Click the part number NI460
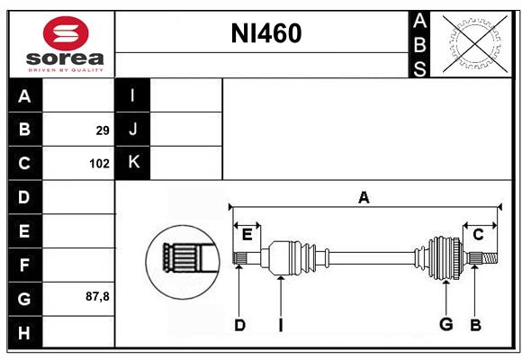(x=266, y=33)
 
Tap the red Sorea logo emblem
(x=66, y=33)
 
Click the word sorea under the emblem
(x=65, y=58)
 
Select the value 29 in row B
(x=103, y=130)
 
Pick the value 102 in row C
(x=99, y=164)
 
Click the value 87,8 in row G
(x=97, y=296)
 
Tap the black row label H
(x=25, y=332)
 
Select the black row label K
(x=132, y=163)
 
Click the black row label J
(x=132, y=129)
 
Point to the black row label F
(x=25, y=265)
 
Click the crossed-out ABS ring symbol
(x=475, y=44)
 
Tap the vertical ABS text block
(x=419, y=45)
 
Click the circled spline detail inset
(x=183, y=262)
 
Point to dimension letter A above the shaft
(x=364, y=198)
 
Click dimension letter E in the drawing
(x=247, y=235)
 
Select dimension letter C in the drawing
(x=478, y=235)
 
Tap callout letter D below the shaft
(x=239, y=325)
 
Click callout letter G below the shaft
(x=446, y=324)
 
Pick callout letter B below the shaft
(x=475, y=325)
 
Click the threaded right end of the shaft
(x=490, y=258)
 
